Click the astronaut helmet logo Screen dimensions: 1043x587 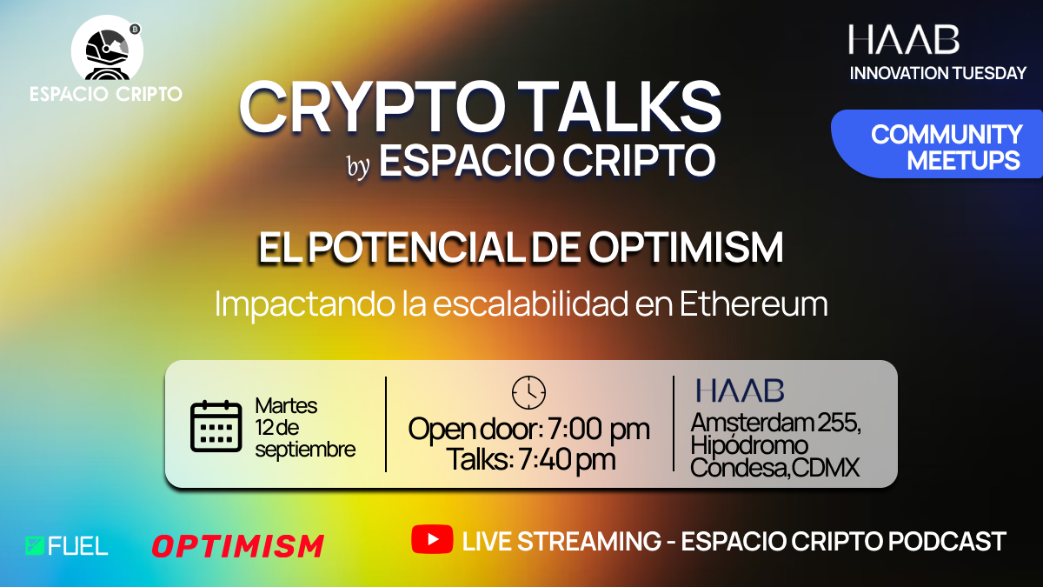pyautogui.click(x=107, y=49)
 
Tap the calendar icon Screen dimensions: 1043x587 pyautogui.click(x=216, y=426)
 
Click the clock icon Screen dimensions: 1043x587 pyautogui.click(x=529, y=393)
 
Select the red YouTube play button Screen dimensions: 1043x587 pyautogui.click(x=432, y=539)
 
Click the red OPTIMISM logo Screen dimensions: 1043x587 pyautogui.click(x=238, y=546)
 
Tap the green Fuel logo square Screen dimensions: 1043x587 pyautogui.click(x=35, y=546)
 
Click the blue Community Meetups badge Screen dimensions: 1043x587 pyautogui.click(x=937, y=144)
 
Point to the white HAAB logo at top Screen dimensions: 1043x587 pyautogui.click(x=904, y=40)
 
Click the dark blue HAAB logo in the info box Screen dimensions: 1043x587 pyautogui.click(x=740, y=390)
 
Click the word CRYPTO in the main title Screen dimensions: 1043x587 pyautogui.click(x=372, y=107)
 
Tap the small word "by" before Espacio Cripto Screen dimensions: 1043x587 pyautogui.click(x=358, y=166)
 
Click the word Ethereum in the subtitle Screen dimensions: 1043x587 pyautogui.click(x=754, y=304)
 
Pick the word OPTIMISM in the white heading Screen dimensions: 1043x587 pyautogui.click(x=686, y=248)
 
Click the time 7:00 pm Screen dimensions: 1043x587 pyautogui.click(x=598, y=429)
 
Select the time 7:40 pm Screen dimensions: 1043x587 pyautogui.click(x=567, y=459)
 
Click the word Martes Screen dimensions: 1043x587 pyautogui.click(x=286, y=406)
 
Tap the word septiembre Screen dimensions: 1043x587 pyautogui.click(x=305, y=450)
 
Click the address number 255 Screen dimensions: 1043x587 pyautogui.click(x=838, y=423)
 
